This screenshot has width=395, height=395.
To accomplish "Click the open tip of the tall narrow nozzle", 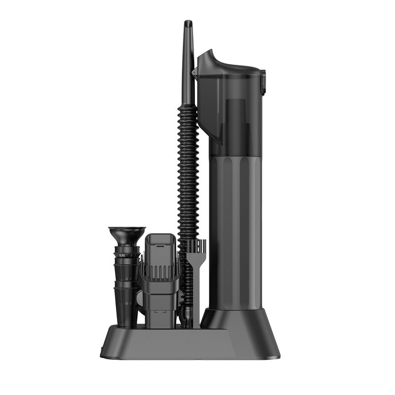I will point(188,23).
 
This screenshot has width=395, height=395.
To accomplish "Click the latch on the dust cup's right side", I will point(263,82).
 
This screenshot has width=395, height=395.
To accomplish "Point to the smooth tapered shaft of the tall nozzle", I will point(187,69).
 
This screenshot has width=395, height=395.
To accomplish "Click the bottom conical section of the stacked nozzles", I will point(126,306).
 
